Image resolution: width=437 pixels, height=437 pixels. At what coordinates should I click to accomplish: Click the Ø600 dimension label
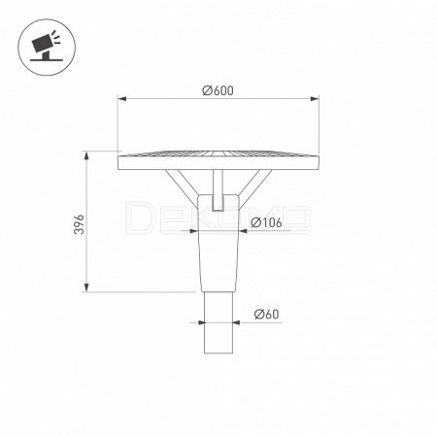pyautogui.click(x=218, y=90)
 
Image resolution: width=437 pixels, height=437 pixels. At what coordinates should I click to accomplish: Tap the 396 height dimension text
pyautogui.click(x=79, y=224)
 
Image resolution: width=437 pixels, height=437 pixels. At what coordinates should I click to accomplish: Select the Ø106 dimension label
pyautogui.click(x=266, y=222)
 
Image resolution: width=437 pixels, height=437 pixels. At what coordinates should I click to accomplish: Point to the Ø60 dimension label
pyautogui.click(x=266, y=314)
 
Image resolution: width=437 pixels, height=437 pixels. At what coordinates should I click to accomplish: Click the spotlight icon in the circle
pyautogui.click(x=46, y=46)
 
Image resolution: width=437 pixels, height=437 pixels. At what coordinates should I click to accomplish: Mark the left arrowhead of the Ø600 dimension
pyautogui.click(x=121, y=98)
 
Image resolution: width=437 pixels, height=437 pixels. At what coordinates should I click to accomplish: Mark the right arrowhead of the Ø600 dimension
pyautogui.click(x=315, y=98)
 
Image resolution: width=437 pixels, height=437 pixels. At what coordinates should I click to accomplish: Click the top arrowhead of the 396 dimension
pyautogui.click(x=86, y=155)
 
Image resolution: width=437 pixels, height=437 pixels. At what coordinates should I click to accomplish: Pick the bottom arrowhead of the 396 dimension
pyautogui.click(x=86, y=287)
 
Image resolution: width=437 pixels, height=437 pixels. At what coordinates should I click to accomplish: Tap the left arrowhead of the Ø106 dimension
pyautogui.click(x=193, y=231)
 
